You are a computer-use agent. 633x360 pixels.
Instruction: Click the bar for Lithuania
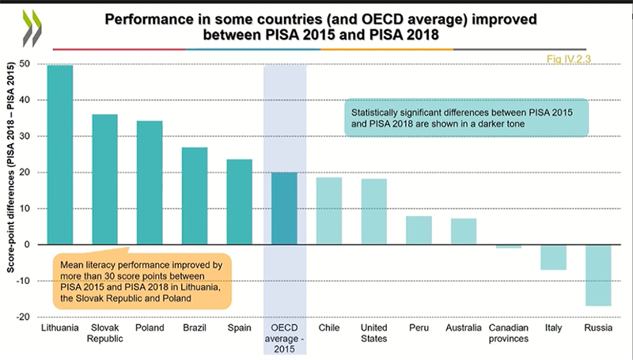(59, 154)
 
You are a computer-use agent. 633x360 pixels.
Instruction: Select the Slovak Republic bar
(104, 179)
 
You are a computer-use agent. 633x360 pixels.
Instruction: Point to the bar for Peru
(419, 230)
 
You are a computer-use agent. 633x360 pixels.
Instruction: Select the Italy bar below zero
(553, 257)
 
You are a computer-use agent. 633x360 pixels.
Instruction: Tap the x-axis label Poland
(150, 327)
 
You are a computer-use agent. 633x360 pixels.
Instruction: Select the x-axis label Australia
(464, 327)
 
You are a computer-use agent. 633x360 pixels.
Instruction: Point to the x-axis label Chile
(328, 327)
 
